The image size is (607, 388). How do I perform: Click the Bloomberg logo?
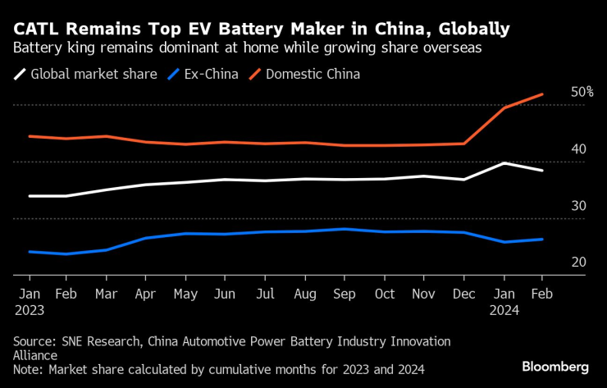(555, 366)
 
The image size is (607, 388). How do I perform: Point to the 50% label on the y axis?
(582, 92)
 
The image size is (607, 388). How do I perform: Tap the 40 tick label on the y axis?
(578, 148)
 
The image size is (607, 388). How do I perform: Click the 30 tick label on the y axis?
(578, 205)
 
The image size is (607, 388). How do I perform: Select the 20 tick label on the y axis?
(578, 262)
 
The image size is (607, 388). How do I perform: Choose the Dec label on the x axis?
(464, 294)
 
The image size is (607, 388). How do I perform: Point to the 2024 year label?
(505, 310)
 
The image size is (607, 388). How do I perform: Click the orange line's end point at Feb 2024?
(541, 94)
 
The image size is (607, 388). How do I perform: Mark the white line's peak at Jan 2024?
(503, 163)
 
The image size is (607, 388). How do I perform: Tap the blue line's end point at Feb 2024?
(541, 239)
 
